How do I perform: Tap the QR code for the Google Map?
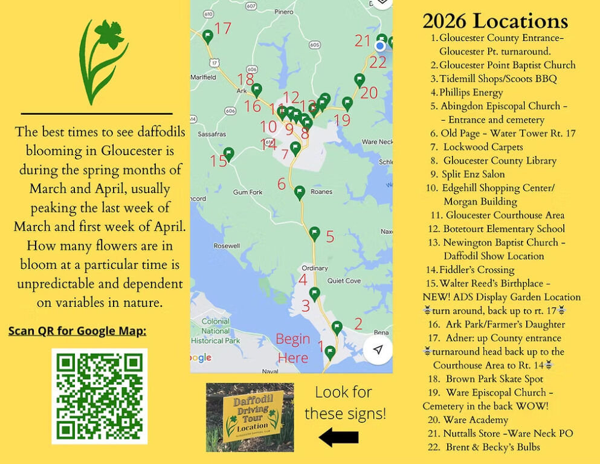(x=100, y=396)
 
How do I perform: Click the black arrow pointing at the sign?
(x=339, y=436)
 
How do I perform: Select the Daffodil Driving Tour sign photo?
(x=250, y=417)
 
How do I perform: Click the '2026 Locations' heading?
(x=495, y=21)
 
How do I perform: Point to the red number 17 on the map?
(x=223, y=28)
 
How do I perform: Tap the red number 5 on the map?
(x=330, y=236)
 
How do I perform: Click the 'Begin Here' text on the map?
(x=293, y=348)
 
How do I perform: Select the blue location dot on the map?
(x=380, y=46)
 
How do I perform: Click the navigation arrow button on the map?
(x=378, y=350)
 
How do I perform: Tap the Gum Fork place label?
(x=248, y=192)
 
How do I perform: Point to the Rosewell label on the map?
(x=227, y=246)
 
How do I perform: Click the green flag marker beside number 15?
(x=228, y=153)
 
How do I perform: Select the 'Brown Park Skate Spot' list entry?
(x=494, y=379)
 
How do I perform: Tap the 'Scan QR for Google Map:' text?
(x=77, y=331)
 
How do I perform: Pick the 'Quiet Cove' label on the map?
(x=344, y=280)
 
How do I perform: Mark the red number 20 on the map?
(x=369, y=92)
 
